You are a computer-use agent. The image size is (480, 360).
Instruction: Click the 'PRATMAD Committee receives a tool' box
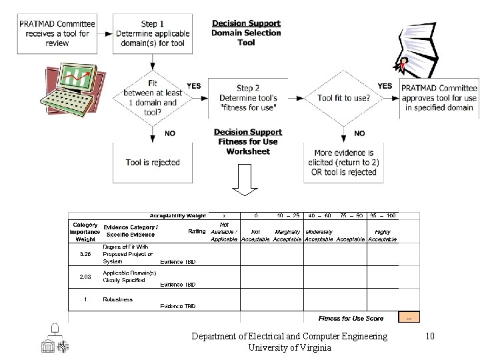[x=57, y=33]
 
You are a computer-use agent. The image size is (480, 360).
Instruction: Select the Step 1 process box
[x=153, y=33]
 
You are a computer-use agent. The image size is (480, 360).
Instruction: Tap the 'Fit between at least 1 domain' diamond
[x=153, y=98]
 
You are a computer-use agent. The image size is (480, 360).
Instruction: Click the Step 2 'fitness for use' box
[x=248, y=98]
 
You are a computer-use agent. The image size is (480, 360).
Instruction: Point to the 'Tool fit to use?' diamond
[x=343, y=98]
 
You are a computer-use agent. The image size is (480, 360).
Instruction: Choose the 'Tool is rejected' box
[x=153, y=162]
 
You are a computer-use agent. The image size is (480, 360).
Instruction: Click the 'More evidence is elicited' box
[x=343, y=162]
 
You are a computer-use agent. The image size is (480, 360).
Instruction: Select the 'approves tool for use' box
[x=439, y=98]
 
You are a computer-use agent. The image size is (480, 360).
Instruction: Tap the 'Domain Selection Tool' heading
[x=246, y=33]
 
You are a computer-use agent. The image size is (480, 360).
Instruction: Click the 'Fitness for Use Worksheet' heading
[x=248, y=141]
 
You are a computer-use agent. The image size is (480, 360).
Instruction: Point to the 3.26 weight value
[x=85, y=254]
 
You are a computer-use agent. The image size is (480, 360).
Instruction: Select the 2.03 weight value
[x=85, y=276]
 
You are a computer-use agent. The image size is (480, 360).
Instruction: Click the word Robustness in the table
[x=118, y=299]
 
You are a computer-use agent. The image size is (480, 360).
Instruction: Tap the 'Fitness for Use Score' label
[x=351, y=318]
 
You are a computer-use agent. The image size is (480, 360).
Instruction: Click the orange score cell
[x=409, y=317]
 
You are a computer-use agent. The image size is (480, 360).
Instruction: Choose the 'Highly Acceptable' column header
[x=383, y=235]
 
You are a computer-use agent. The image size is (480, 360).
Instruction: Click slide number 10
[x=430, y=336]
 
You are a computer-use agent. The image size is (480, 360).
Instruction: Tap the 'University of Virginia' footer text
[x=289, y=347]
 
